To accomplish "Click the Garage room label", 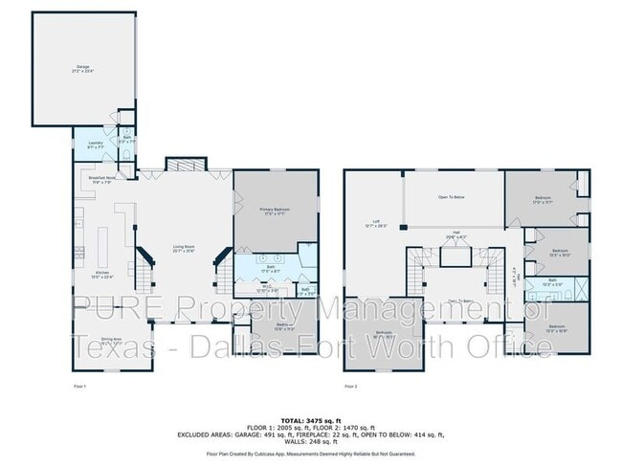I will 83,68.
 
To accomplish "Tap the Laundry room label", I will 96,145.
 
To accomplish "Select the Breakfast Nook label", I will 101,179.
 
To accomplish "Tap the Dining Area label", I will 112,340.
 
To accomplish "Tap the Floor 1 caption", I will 80,386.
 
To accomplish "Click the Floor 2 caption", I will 350,386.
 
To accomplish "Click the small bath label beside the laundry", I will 126,139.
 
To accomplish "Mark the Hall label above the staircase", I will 457,233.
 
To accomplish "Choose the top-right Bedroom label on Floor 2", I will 543,200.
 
